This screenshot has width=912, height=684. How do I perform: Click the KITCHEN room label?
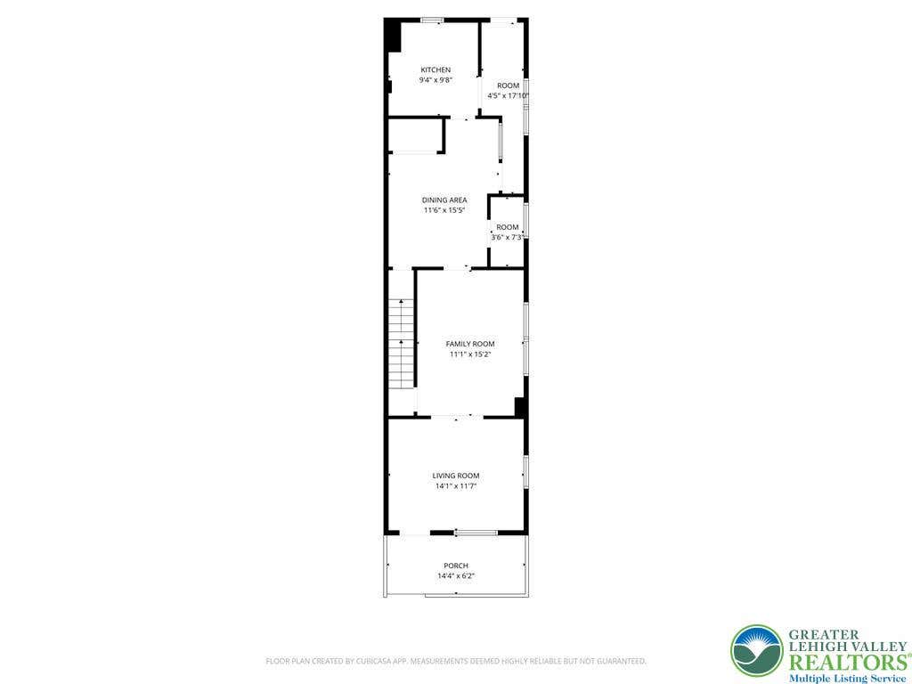pos(436,69)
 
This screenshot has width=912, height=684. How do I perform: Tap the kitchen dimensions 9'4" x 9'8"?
pos(436,80)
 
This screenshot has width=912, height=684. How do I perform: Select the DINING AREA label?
pos(444,200)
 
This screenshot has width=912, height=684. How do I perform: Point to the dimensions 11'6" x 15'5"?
pos(444,210)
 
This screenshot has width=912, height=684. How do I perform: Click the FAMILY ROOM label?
pos(470,344)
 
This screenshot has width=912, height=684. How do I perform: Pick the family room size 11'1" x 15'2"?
pos(470,354)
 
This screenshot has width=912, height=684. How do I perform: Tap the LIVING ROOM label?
pos(456,476)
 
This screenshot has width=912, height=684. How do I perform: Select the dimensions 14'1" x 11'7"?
pos(456,485)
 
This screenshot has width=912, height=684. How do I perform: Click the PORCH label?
pos(456,566)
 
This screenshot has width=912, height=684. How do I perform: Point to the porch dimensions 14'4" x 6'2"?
pos(456,576)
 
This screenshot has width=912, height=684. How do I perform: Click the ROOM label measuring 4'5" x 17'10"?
pos(509,85)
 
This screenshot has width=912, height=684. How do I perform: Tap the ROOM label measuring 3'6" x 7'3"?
pos(507,227)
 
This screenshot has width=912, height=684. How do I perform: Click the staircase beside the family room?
pos(401,344)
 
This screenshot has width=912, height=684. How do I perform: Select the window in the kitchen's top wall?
pos(432,20)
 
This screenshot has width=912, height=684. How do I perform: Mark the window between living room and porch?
pos(476,533)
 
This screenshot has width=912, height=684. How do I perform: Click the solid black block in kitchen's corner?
pos(393,36)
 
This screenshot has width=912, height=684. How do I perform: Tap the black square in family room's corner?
pos(520,407)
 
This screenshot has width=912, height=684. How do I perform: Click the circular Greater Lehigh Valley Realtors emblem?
pos(757,651)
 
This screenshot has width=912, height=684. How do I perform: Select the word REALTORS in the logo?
pos(847,663)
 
